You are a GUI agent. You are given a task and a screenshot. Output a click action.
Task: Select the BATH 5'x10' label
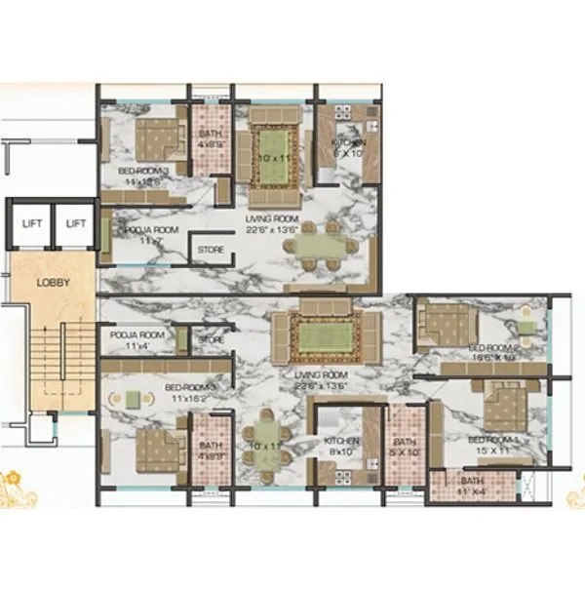(402, 446)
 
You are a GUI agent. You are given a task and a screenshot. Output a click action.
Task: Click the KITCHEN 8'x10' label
(341, 447)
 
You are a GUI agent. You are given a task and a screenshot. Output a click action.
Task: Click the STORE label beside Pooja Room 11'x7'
(211, 250)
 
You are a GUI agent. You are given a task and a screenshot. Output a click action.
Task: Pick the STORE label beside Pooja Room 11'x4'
(211, 339)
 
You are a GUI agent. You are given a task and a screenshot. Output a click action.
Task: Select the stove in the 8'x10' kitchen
(341, 475)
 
